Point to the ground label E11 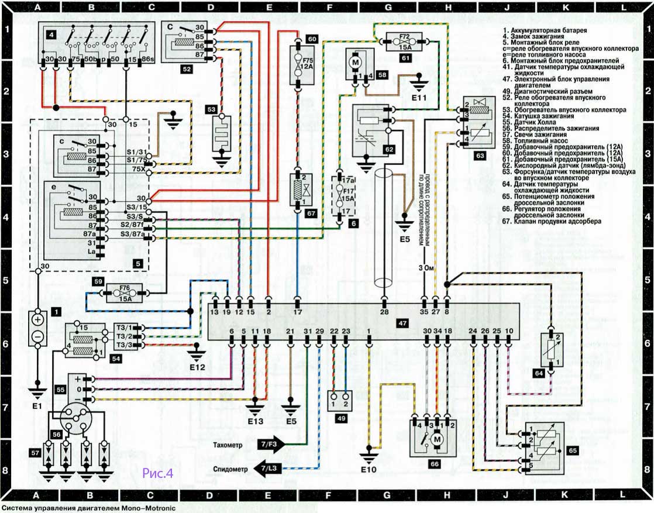419,98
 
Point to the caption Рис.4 158,473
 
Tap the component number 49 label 339,418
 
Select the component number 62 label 388,149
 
